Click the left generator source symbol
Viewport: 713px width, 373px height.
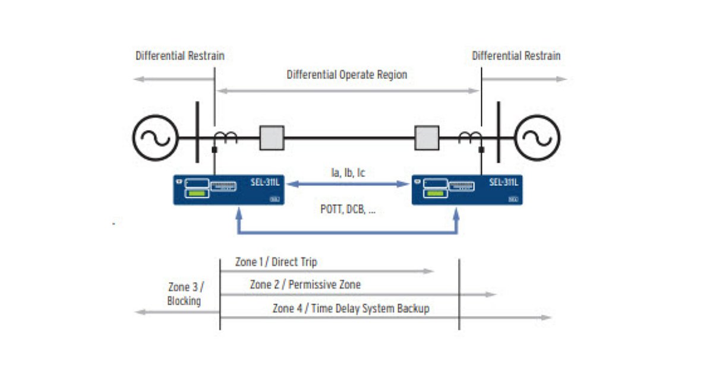(155, 137)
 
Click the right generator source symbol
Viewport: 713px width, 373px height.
(538, 137)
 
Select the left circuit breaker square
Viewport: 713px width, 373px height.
(272, 138)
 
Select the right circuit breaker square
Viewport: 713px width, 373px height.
(427, 138)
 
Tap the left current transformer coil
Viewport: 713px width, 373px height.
(227, 137)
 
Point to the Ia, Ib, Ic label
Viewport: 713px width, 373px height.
(348, 173)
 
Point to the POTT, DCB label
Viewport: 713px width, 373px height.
(344, 209)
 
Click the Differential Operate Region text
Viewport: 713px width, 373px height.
(347, 75)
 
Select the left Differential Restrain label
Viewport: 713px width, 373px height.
(180, 56)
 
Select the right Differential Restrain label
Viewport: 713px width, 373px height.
(516, 56)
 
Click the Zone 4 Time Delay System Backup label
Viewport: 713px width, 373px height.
(351, 308)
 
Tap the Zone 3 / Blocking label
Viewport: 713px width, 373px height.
(185, 294)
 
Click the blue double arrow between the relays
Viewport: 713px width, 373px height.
(348, 184)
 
